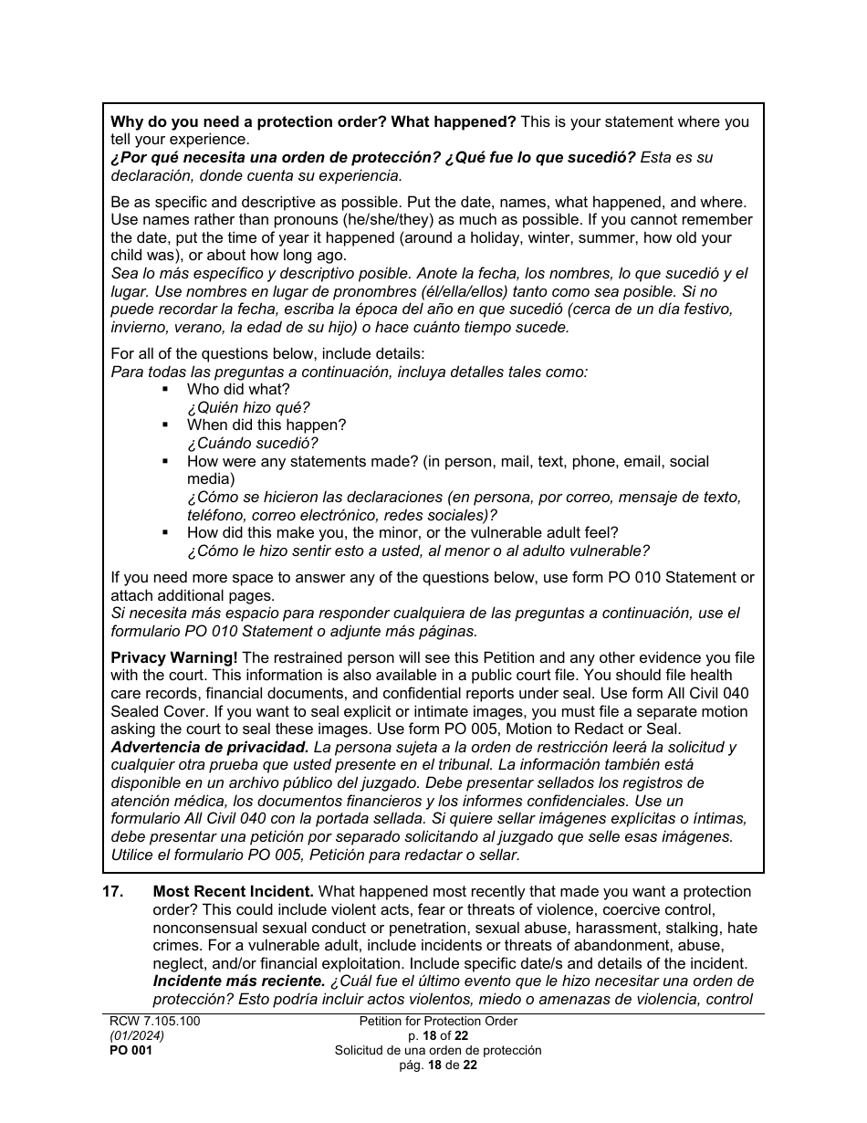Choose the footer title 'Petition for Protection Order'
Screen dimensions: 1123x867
(x=438, y=1022)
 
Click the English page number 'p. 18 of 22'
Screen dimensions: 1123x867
(x=438, y=1036)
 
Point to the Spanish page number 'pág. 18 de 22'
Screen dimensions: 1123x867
(x=438, y=1065)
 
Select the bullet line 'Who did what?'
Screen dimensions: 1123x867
(x=238, y=390)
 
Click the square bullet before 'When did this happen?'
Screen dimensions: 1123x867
(x=165, y=425)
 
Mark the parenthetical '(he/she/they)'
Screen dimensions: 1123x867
(x=399, y=220)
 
